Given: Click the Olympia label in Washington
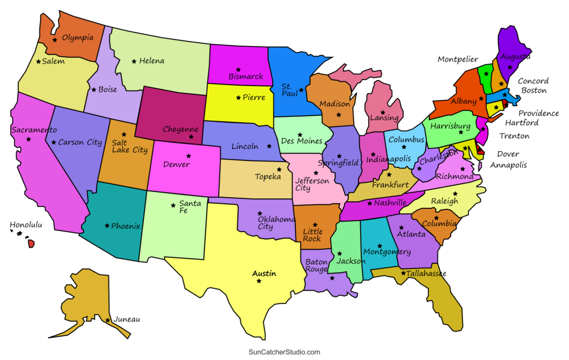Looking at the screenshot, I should pos(78,38).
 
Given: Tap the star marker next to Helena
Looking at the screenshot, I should pos(134,61).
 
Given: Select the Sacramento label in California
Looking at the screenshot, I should pos(34,130).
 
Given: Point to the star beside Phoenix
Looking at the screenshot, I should pos(107,226).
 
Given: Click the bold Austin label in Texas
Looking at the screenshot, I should pos(264,273).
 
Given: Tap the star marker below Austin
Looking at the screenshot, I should pos(259,281).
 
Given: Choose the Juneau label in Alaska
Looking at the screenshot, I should pos(126,319).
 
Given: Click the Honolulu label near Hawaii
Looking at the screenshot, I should pos(26,225).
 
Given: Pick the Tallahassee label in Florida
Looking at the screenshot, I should pos(426,273).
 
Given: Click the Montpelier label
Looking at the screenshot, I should pos(458,59).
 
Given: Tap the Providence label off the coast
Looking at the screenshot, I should pos(538,113).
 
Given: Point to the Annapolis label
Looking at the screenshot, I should pos(508,165).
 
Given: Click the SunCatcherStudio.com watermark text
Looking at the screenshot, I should pos(284,352).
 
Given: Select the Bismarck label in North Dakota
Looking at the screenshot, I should pos(246,77).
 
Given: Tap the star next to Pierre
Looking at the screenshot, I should pos(238,98).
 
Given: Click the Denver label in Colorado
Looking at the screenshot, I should pos(176,164).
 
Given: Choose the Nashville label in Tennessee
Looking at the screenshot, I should pos(390,203).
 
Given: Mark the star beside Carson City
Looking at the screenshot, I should pos(54,142).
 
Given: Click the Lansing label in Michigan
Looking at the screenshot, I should pos(384,118).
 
